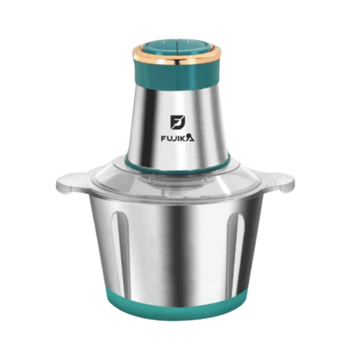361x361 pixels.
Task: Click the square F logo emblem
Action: (177, 122)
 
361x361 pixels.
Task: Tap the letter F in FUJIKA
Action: (164, 139)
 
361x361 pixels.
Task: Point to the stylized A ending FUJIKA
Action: (190, 137)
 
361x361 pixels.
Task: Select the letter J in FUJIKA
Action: (175, 139)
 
